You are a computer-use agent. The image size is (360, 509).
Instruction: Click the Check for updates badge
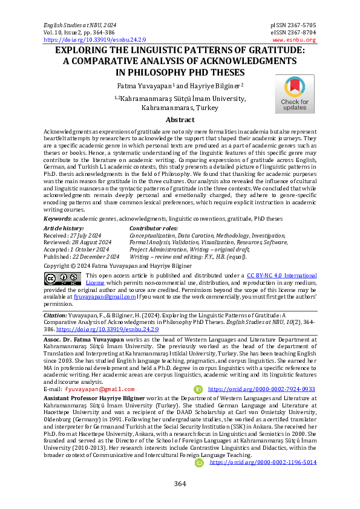point(295,94)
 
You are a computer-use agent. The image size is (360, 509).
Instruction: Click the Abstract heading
point(180,120)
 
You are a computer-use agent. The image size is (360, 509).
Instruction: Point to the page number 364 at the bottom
point(180,484)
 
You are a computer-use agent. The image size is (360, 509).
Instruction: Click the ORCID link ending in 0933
point(261,390)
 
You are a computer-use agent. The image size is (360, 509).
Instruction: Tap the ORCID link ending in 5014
point(263,462)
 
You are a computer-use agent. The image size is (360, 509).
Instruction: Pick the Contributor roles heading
point(154,228)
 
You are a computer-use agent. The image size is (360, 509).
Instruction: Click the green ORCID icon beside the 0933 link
point(197,390)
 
